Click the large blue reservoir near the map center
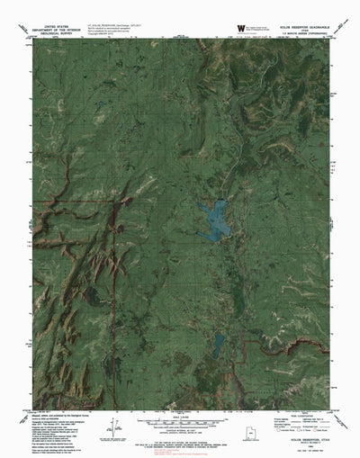pos(217,218)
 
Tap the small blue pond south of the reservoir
pos(219,343)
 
